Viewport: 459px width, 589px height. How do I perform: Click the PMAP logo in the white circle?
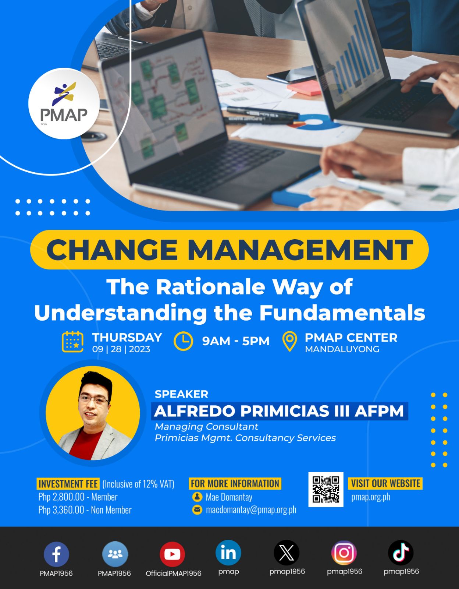click(x=64, y=104)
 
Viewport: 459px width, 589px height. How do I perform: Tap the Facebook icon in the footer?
click(x=56, y=554)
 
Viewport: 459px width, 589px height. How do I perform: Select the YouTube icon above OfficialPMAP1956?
click(x=172, y=554)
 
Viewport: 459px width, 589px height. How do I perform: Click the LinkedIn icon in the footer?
click(x=228, y=553)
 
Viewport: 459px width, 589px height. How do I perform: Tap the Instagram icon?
click(x=344, y=553)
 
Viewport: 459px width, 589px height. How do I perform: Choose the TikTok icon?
click(x=401, y=553)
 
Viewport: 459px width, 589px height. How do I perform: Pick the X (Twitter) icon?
click(x=287, y=553)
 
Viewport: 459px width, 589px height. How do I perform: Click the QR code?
click(x=326, y=489)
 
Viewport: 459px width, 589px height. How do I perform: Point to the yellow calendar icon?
click(x=72, y=342)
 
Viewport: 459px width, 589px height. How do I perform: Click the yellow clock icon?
click(x=183, y=341)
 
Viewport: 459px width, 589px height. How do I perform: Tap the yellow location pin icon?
click(x=289, y=341)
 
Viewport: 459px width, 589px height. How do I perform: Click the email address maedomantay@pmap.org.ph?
click(x=251, y=510)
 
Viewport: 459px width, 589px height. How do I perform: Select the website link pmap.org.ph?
click(x=370, y=497)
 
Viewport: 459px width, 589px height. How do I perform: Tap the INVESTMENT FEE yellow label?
click(x=68, y=484)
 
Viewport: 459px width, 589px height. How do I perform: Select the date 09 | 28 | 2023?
click(x=121, y=349)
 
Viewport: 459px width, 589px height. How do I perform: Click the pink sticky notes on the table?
click(x=305, y=88)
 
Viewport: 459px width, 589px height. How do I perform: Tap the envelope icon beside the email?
click(x=198, y=510)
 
